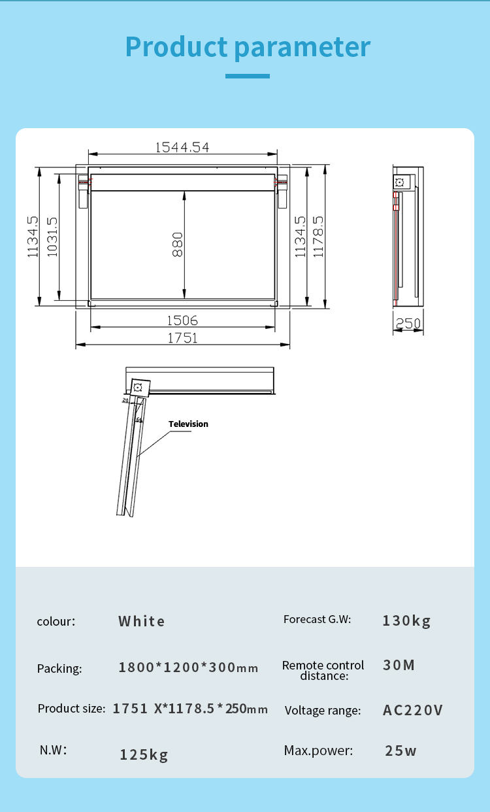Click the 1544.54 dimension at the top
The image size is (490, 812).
click(x=182, y=147)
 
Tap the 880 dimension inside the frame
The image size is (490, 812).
click(x=178, y=244)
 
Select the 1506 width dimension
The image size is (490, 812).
click(x=182, y=320)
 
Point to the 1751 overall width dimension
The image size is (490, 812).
click(x=182, y=338)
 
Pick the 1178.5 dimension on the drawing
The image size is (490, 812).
click(x=318, y=237)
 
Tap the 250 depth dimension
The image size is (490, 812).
click(x=408, y=324)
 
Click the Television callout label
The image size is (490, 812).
click(x=188, y=424)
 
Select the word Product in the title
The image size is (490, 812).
click(x=176, y=47)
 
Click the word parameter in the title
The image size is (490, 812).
click(x=302, y=47)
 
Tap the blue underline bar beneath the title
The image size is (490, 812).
click(x=248, y=76)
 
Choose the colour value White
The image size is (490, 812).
click(x=142, y=621)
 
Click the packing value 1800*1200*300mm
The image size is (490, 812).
click(x=188, y=668)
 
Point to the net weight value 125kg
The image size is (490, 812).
click(x=144, y=755)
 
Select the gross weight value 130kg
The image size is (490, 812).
click(x=406, y=620)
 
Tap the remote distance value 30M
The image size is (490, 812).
click(x=399, y=666)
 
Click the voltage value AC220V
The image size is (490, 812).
click(x=412, y=710)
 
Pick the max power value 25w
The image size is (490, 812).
click(x=400, y=751)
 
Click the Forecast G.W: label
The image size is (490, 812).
click(x=317, y=619)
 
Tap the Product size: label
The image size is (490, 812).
click(x=71, y=709)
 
